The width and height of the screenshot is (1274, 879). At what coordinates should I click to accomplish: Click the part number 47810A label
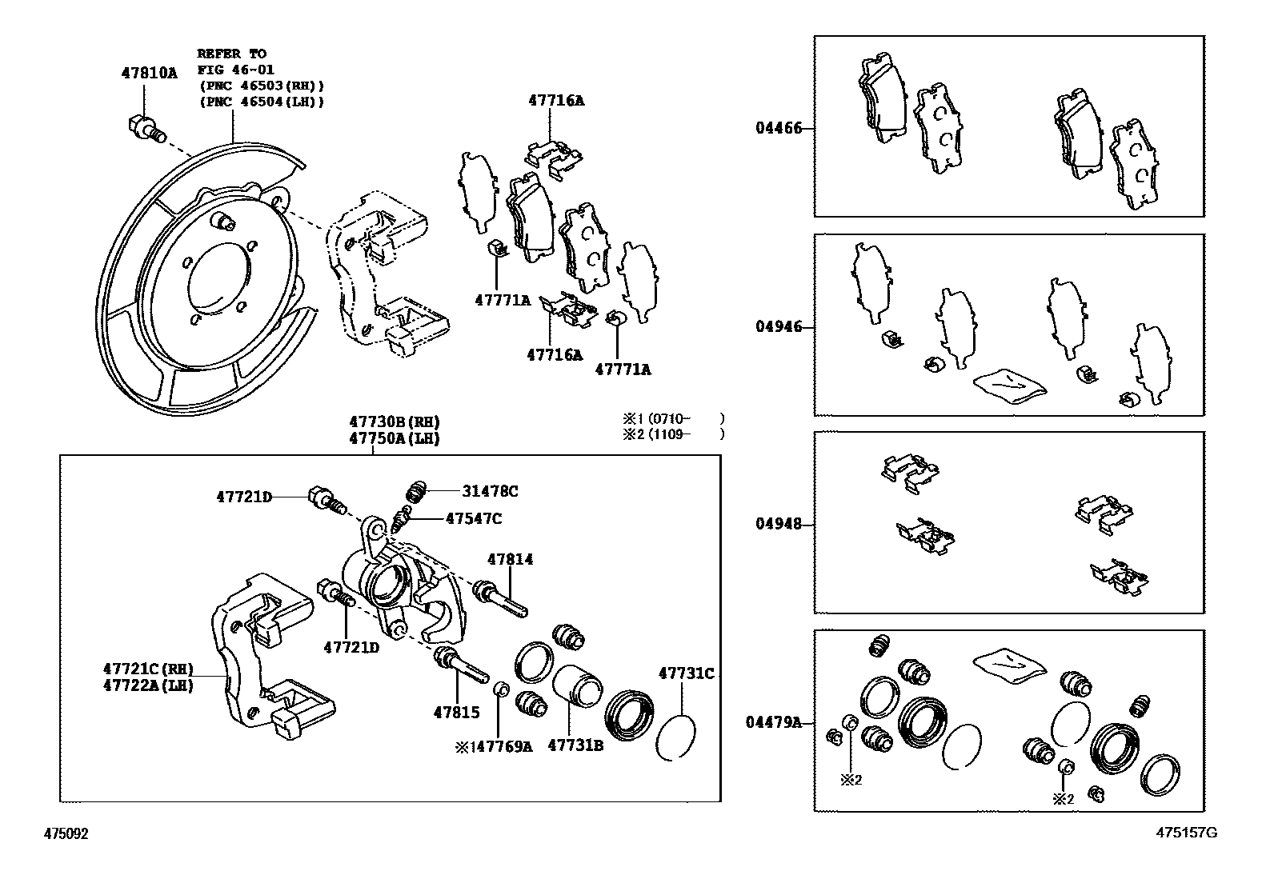coord(149,72)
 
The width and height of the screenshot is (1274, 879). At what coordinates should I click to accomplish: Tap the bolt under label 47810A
coord(145,128)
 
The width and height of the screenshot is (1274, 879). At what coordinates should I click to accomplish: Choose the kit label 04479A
coord(773,722)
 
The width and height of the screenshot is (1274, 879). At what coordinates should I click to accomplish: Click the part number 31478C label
coord(490,491)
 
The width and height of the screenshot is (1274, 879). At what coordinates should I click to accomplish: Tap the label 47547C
coord(473,518)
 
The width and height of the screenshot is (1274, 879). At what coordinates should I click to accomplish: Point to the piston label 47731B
coord(575,745)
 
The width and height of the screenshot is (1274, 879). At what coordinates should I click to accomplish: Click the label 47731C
coord(686,673)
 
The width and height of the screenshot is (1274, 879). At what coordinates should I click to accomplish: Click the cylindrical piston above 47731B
coord(578,687)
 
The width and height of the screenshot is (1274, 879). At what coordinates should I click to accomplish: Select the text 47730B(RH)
coord(394,422)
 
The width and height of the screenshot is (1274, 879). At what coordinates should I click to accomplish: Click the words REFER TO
coord(232,54)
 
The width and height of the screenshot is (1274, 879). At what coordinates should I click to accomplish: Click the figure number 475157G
coord(1186,833)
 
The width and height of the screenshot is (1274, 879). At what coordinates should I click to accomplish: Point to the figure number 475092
coord(66,833)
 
